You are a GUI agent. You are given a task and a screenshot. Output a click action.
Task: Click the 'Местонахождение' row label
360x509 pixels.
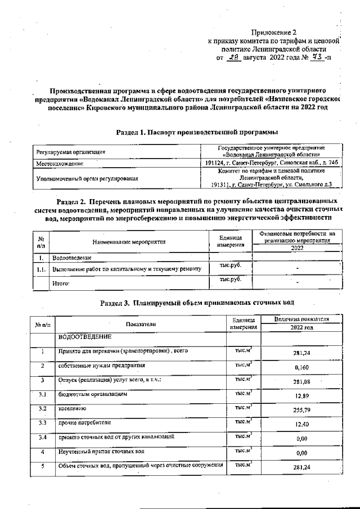pos(60,164)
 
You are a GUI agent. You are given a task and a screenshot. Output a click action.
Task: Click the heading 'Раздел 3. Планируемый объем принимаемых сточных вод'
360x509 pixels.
pos(197,303)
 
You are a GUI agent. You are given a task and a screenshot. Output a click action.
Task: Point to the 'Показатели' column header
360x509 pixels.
pos(141,325)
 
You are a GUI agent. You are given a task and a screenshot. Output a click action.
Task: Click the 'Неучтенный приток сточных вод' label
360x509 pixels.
pos(102,451)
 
